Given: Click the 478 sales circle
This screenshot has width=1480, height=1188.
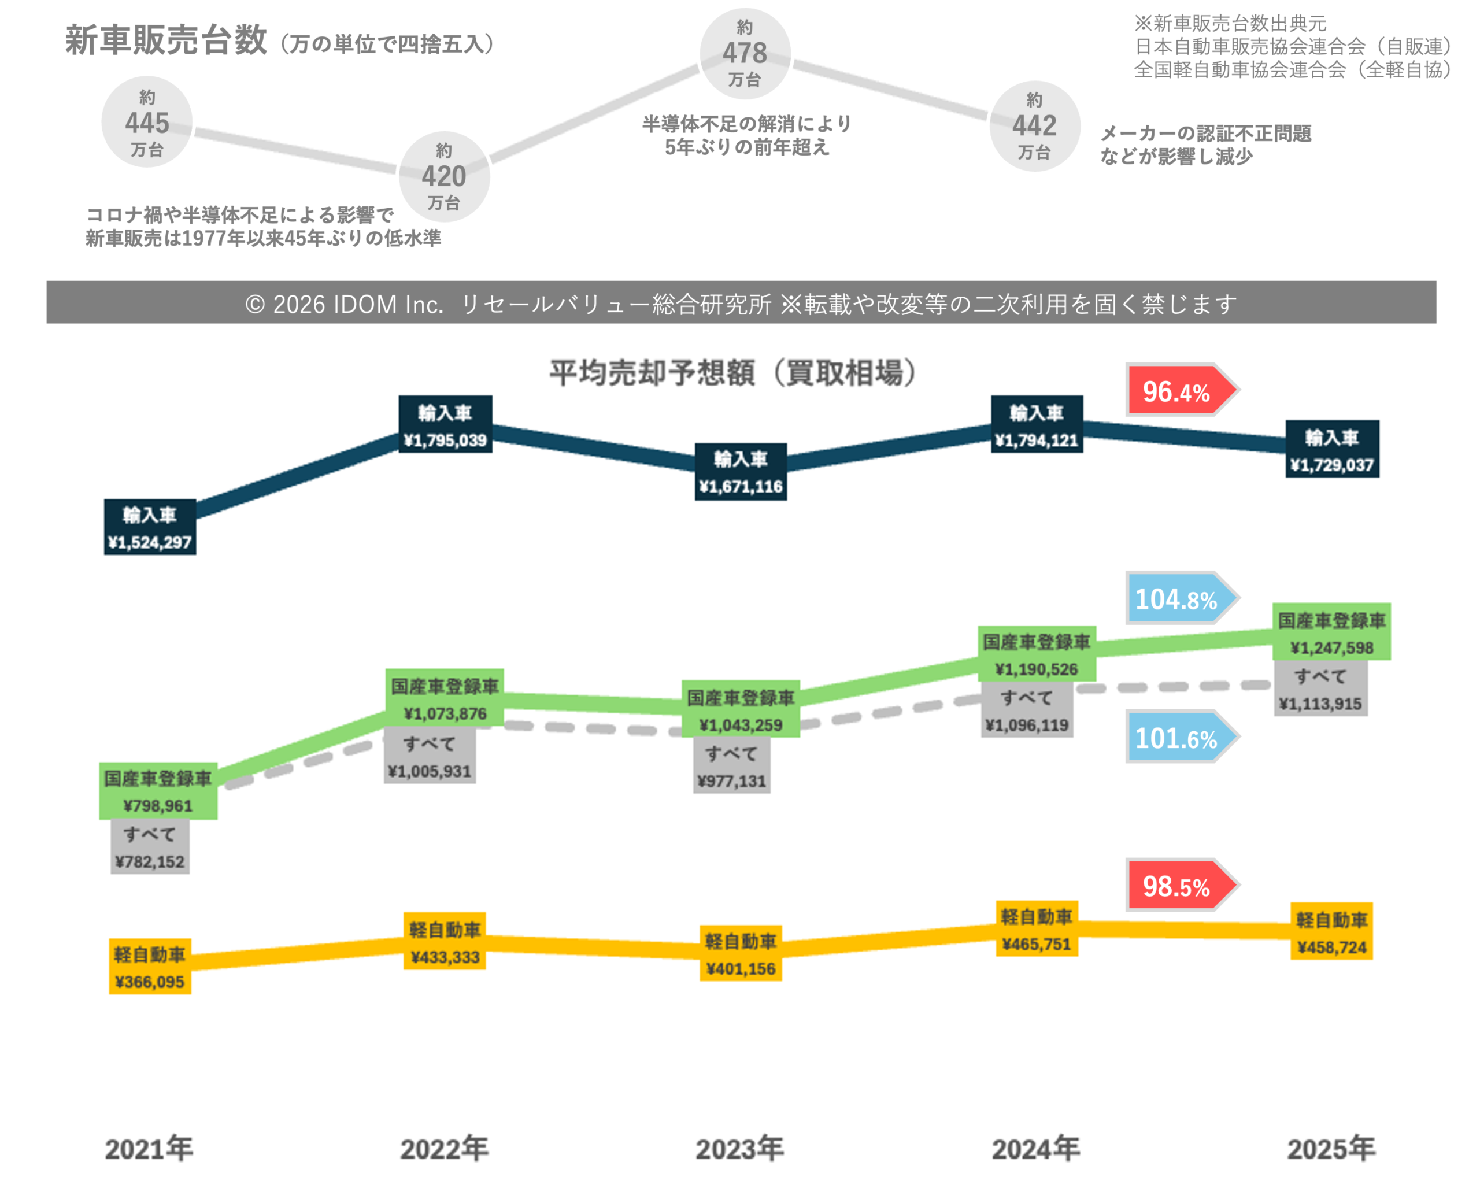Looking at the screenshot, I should point(745,54).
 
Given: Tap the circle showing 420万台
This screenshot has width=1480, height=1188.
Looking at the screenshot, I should point(444,176).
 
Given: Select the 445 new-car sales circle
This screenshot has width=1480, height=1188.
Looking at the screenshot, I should point(147,122).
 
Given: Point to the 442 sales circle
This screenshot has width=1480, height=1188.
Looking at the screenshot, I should point(1034,125).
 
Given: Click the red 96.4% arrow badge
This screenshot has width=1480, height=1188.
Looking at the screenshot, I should point(1179,391).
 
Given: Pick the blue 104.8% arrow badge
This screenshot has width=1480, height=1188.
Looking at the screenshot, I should point(1179,598).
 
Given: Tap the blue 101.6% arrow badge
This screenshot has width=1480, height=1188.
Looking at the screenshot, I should point(1179,738).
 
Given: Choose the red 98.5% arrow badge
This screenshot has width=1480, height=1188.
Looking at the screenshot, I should point(1179,886).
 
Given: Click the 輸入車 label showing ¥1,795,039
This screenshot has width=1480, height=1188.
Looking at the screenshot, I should point(446,425).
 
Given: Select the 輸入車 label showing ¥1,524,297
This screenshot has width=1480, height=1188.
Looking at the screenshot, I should point(150,527).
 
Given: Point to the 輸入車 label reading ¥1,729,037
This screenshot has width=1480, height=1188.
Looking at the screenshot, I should point(1332,450).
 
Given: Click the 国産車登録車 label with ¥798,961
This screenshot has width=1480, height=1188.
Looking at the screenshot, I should point(158,791).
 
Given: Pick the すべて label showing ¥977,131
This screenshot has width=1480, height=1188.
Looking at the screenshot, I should point(732,766).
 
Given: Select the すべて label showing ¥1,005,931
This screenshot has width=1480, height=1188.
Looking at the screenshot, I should point(430,756).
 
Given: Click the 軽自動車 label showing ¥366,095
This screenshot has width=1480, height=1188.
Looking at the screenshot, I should point(150,967).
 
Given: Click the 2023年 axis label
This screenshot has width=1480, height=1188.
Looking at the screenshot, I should point(740,1149).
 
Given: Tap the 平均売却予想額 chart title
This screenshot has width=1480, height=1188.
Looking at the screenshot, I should point(732,373).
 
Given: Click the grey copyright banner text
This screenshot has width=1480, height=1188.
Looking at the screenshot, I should point(741,303).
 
